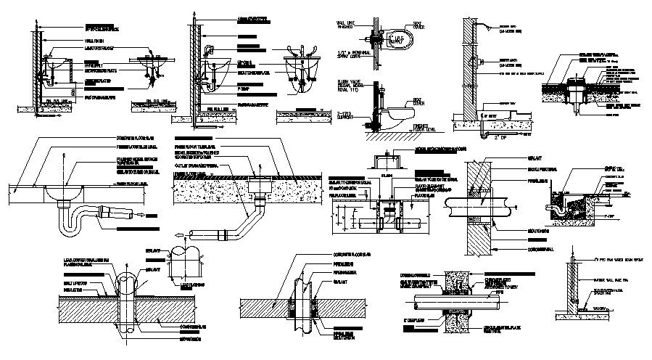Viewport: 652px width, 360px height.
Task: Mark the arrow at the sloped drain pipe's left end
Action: [177, 236]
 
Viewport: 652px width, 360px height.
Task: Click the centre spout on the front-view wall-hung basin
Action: [298, 52]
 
